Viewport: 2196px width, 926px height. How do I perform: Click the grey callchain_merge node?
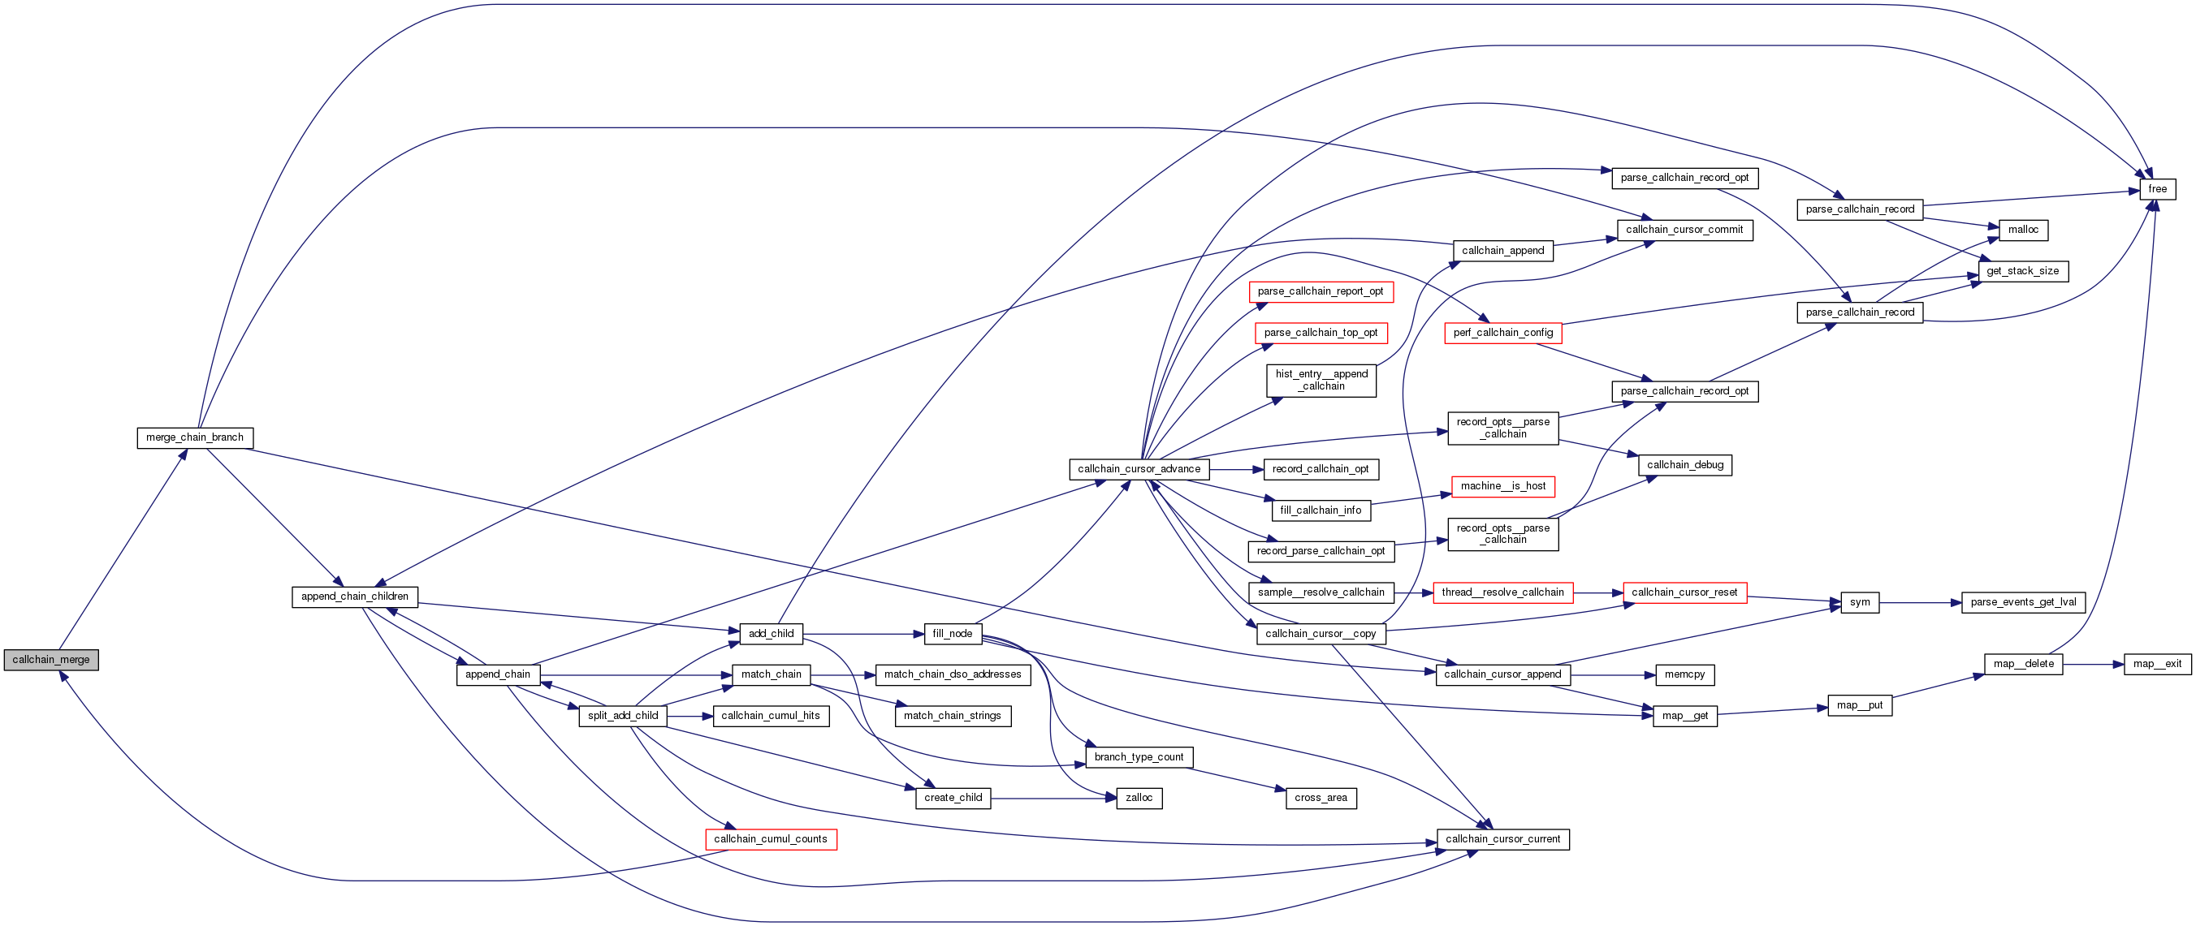[x=51, y=659]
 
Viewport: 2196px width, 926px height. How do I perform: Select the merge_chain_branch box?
[x=194, y=437]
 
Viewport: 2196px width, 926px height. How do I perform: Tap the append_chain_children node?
[x=355, y=597]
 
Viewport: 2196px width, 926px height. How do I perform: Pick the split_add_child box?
[x=622, y=716]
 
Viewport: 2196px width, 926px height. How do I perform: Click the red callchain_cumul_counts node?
[x=771, y=839]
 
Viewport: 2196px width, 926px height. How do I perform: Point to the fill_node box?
[x=953, y=634]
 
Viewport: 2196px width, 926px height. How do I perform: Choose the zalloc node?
[x=1139, y=799]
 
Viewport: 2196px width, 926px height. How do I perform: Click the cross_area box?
[x=1321, y=799]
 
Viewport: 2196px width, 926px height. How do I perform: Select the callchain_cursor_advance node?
[x=1139, y=469]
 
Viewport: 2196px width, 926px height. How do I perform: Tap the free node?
[x=2158, y=189]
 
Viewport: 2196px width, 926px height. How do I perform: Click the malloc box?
[x=2023, y=230]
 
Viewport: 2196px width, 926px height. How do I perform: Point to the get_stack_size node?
[x=2022, y=271]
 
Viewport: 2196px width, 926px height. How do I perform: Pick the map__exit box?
[x=2157, y=664]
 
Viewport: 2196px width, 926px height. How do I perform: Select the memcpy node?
[x=1684, y=674]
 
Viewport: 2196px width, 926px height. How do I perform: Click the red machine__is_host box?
[x=1503, y=486]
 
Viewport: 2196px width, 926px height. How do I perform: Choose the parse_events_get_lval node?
[x=2023, y=602]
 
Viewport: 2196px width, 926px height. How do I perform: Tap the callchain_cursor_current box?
[x=1503, y=839]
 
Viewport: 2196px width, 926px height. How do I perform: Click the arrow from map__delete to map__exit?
[x=2093, y=664]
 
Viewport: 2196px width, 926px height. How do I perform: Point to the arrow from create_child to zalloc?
[x=1053, y=799]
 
